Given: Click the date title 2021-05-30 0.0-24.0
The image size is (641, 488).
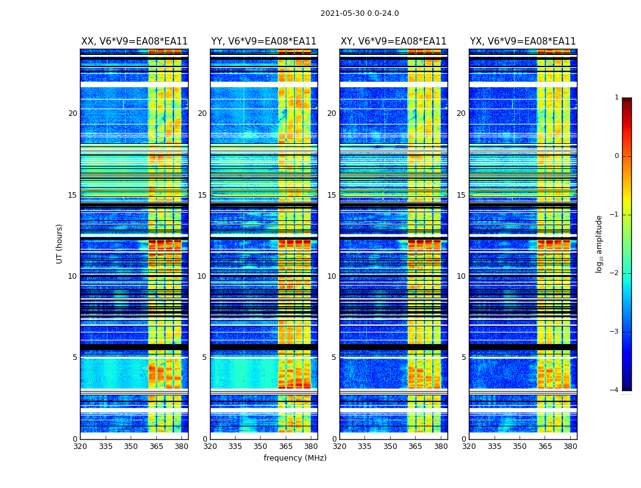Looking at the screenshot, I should click(x=360, y=13).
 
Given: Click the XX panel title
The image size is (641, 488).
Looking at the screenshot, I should click(x=134, y=41).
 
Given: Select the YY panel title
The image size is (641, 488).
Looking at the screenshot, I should click(x=264, y=41).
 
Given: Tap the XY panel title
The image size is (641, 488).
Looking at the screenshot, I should click(x=393, y=41).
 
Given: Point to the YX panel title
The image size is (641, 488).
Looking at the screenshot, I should click(x=523, y=41).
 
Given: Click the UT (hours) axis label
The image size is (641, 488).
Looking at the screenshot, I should click(x=60, y=243).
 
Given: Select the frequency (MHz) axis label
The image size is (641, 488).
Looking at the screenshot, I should click(x=295, y=458).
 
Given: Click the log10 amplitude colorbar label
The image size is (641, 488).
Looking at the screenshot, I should click(x=599, y=243).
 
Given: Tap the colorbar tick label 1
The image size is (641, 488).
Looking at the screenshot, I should click(x=617, y=98).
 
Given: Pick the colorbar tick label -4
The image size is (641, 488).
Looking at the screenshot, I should click(x=615, y=390).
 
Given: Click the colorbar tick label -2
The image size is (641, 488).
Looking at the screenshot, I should click(x=615, y=273).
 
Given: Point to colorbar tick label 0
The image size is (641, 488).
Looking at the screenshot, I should click(x=617, y=156).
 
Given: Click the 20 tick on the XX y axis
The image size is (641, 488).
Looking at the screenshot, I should click(x=73, y=113).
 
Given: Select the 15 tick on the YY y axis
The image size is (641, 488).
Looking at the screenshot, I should click(x=202, y=195).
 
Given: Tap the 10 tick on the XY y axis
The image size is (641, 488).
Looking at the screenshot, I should click(x=331, y=276).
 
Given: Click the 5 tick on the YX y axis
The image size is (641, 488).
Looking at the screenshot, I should click(x=463, y=357).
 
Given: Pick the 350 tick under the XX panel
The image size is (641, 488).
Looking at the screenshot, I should click(x=131, y=447).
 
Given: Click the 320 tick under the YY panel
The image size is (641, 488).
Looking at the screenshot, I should click(x=210, y=447).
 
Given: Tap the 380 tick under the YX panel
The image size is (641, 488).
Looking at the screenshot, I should click(x=570, y=447).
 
